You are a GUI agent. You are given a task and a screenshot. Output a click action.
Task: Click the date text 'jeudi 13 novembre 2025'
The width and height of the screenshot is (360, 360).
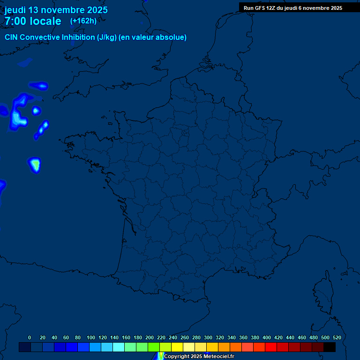[56, 10]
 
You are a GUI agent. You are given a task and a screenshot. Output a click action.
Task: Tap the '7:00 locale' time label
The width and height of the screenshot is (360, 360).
[33, 21]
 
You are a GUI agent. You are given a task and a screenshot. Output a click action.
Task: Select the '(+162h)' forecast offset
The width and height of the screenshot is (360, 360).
[83, 21]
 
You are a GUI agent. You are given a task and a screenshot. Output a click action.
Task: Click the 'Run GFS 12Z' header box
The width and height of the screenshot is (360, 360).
[292, 8]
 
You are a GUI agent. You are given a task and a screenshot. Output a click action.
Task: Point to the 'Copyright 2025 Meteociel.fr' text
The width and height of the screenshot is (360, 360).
[199, 356]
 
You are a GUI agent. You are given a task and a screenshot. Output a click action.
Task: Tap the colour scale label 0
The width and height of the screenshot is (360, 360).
[30, 337]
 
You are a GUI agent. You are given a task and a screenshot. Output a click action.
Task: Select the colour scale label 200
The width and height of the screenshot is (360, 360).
[150, 337]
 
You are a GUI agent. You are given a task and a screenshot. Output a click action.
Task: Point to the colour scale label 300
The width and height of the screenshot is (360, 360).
[208, 337]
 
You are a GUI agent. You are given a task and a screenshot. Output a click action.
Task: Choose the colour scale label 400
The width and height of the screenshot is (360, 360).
[267, 337]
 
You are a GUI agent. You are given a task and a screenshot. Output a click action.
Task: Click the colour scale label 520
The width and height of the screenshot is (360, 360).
[337, 337]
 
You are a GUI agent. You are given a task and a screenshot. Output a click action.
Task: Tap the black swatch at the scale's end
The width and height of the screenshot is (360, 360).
[330, 347]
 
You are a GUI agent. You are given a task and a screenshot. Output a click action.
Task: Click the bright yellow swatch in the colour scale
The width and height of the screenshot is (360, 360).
[177, 347]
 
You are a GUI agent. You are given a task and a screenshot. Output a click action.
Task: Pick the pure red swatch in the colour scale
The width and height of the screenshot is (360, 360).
[271, 347]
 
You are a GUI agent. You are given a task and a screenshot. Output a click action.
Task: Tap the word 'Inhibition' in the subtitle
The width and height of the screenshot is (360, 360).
[79, 37]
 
